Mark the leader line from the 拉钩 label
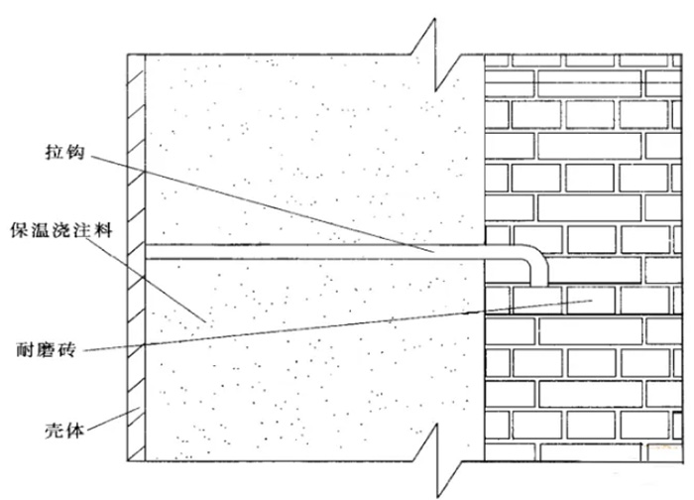point(278,203)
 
